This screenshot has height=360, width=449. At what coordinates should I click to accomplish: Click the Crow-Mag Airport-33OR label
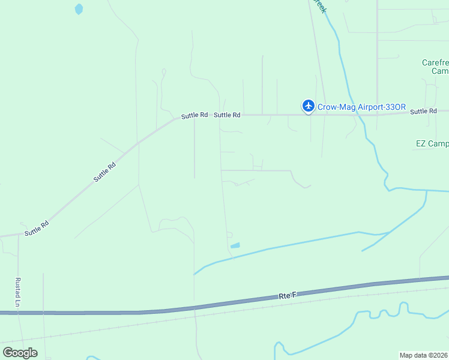pos(360,107)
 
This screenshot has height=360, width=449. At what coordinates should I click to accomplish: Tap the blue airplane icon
pos(309,106)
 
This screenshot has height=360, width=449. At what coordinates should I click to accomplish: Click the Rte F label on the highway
pos(288,295)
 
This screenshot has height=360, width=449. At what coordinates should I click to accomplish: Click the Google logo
pos(20,353)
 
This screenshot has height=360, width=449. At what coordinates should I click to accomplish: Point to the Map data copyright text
pos(424,355)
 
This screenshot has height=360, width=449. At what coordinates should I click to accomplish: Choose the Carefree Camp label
pos(435,67)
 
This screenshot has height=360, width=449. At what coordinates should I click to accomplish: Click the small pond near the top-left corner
pos(79,9)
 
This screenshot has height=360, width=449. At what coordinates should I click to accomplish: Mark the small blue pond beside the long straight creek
pos(235,245)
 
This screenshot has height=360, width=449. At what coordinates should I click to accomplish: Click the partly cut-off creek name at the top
pos(320,6)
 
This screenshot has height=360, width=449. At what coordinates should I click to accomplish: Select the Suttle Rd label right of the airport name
pos(423,112)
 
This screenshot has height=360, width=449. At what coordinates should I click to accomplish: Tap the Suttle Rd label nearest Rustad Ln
pos(36,227)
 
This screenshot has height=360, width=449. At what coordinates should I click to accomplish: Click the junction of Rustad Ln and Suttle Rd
pos(18,235)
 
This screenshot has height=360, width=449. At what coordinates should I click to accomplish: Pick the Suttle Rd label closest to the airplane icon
pos(227,115)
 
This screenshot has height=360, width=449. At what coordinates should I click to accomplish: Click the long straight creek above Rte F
pos(300,243)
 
